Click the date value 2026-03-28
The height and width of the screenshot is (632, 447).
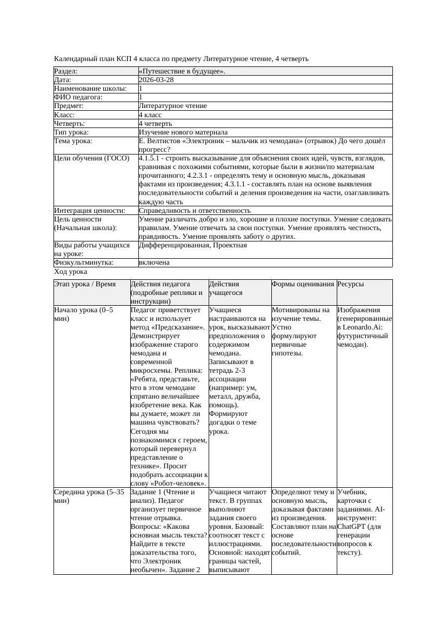pyautogui.click(x=156, y=79)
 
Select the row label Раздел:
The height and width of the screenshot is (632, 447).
pyautogui.click(x=66, y=71)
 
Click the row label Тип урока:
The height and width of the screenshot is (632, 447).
pyautogui.click(x=71, y=132)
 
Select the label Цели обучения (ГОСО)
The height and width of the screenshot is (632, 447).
pyautogui.click(x=92, y=158)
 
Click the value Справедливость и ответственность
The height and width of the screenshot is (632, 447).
pyautogui.click(x=195, y=210)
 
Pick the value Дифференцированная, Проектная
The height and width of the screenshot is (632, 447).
pyautogui.click(x=193, y=245)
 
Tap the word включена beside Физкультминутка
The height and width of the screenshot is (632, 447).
pyautogui.click(x=154, y=263)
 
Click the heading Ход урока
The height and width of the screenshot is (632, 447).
pyautogui.click(x=71, y=272)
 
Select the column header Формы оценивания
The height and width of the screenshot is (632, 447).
pyautogui.click(x=303, y=284)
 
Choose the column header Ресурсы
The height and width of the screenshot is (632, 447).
pyautogui.click(x=351, y=284)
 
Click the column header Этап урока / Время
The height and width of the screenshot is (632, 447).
pyautogui.click(x=85, y=284)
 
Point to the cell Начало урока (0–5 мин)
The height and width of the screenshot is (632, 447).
pyautogui.click(x=84, y=314)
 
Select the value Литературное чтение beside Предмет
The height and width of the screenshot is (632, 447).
pyautogui.click(x=173, y=106)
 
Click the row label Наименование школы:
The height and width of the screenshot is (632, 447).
pyautogui.click(x=90, y=88)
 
